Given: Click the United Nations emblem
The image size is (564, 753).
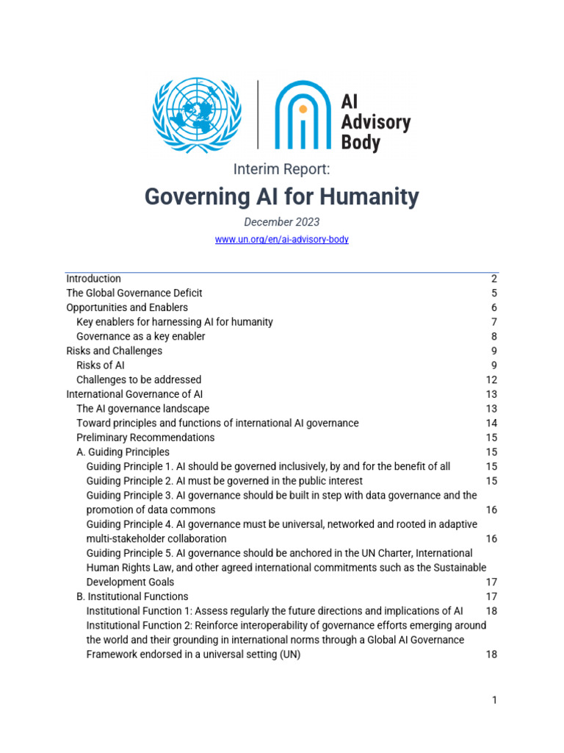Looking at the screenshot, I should coord(196,116).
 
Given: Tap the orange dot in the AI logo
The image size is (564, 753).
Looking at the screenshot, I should coord(302,108).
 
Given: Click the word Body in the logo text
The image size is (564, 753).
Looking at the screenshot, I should coord(361,141).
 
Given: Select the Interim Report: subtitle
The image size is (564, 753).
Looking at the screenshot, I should coord(281,169).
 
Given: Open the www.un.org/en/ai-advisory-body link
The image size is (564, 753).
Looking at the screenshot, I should coord(281,240).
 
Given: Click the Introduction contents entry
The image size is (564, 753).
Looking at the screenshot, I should coord(93,279).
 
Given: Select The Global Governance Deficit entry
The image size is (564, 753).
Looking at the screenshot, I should coord(134,293).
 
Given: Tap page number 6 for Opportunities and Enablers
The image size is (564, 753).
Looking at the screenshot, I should coord(494,307).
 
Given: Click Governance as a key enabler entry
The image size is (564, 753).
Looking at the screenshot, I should coord(140,336).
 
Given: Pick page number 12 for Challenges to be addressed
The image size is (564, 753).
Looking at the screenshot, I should coord(491,379).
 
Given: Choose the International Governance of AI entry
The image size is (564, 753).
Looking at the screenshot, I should coord(134,394).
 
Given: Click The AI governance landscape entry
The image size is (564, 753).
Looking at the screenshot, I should coord(142,409).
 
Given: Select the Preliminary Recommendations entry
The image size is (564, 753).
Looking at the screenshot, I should coord(145,438).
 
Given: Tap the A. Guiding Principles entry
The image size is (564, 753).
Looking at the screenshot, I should coord(123,452).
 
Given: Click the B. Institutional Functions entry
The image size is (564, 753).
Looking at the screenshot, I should coord(132,596).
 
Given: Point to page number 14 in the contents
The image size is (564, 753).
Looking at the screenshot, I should coord(491,423).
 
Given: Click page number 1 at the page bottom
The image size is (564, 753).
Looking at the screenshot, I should coord(494,700).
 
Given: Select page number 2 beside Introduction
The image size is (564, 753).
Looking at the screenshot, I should coord(494,279).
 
